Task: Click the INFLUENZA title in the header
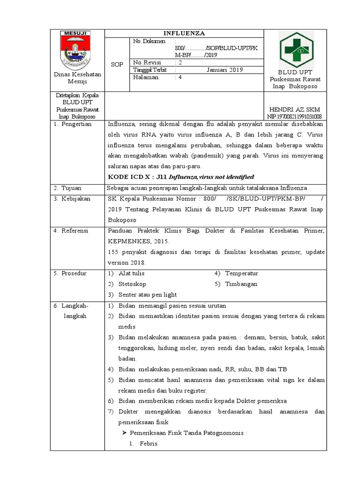coord(184,34)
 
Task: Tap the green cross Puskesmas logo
coord(297,50)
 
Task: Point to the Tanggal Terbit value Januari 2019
coord(225,70)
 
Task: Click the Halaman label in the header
coord(146,77)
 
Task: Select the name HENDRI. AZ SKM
coord(294,109)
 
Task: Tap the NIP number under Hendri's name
coord(294,117)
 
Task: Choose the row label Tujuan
coord(72,187)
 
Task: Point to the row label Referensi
coord(75,231)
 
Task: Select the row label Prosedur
coord(74,273)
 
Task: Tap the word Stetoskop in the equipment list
coord(132,284)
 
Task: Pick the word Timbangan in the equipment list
coord(241,284)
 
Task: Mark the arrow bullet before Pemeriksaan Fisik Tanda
coord(125,433)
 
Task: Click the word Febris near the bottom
coord(149,444)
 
